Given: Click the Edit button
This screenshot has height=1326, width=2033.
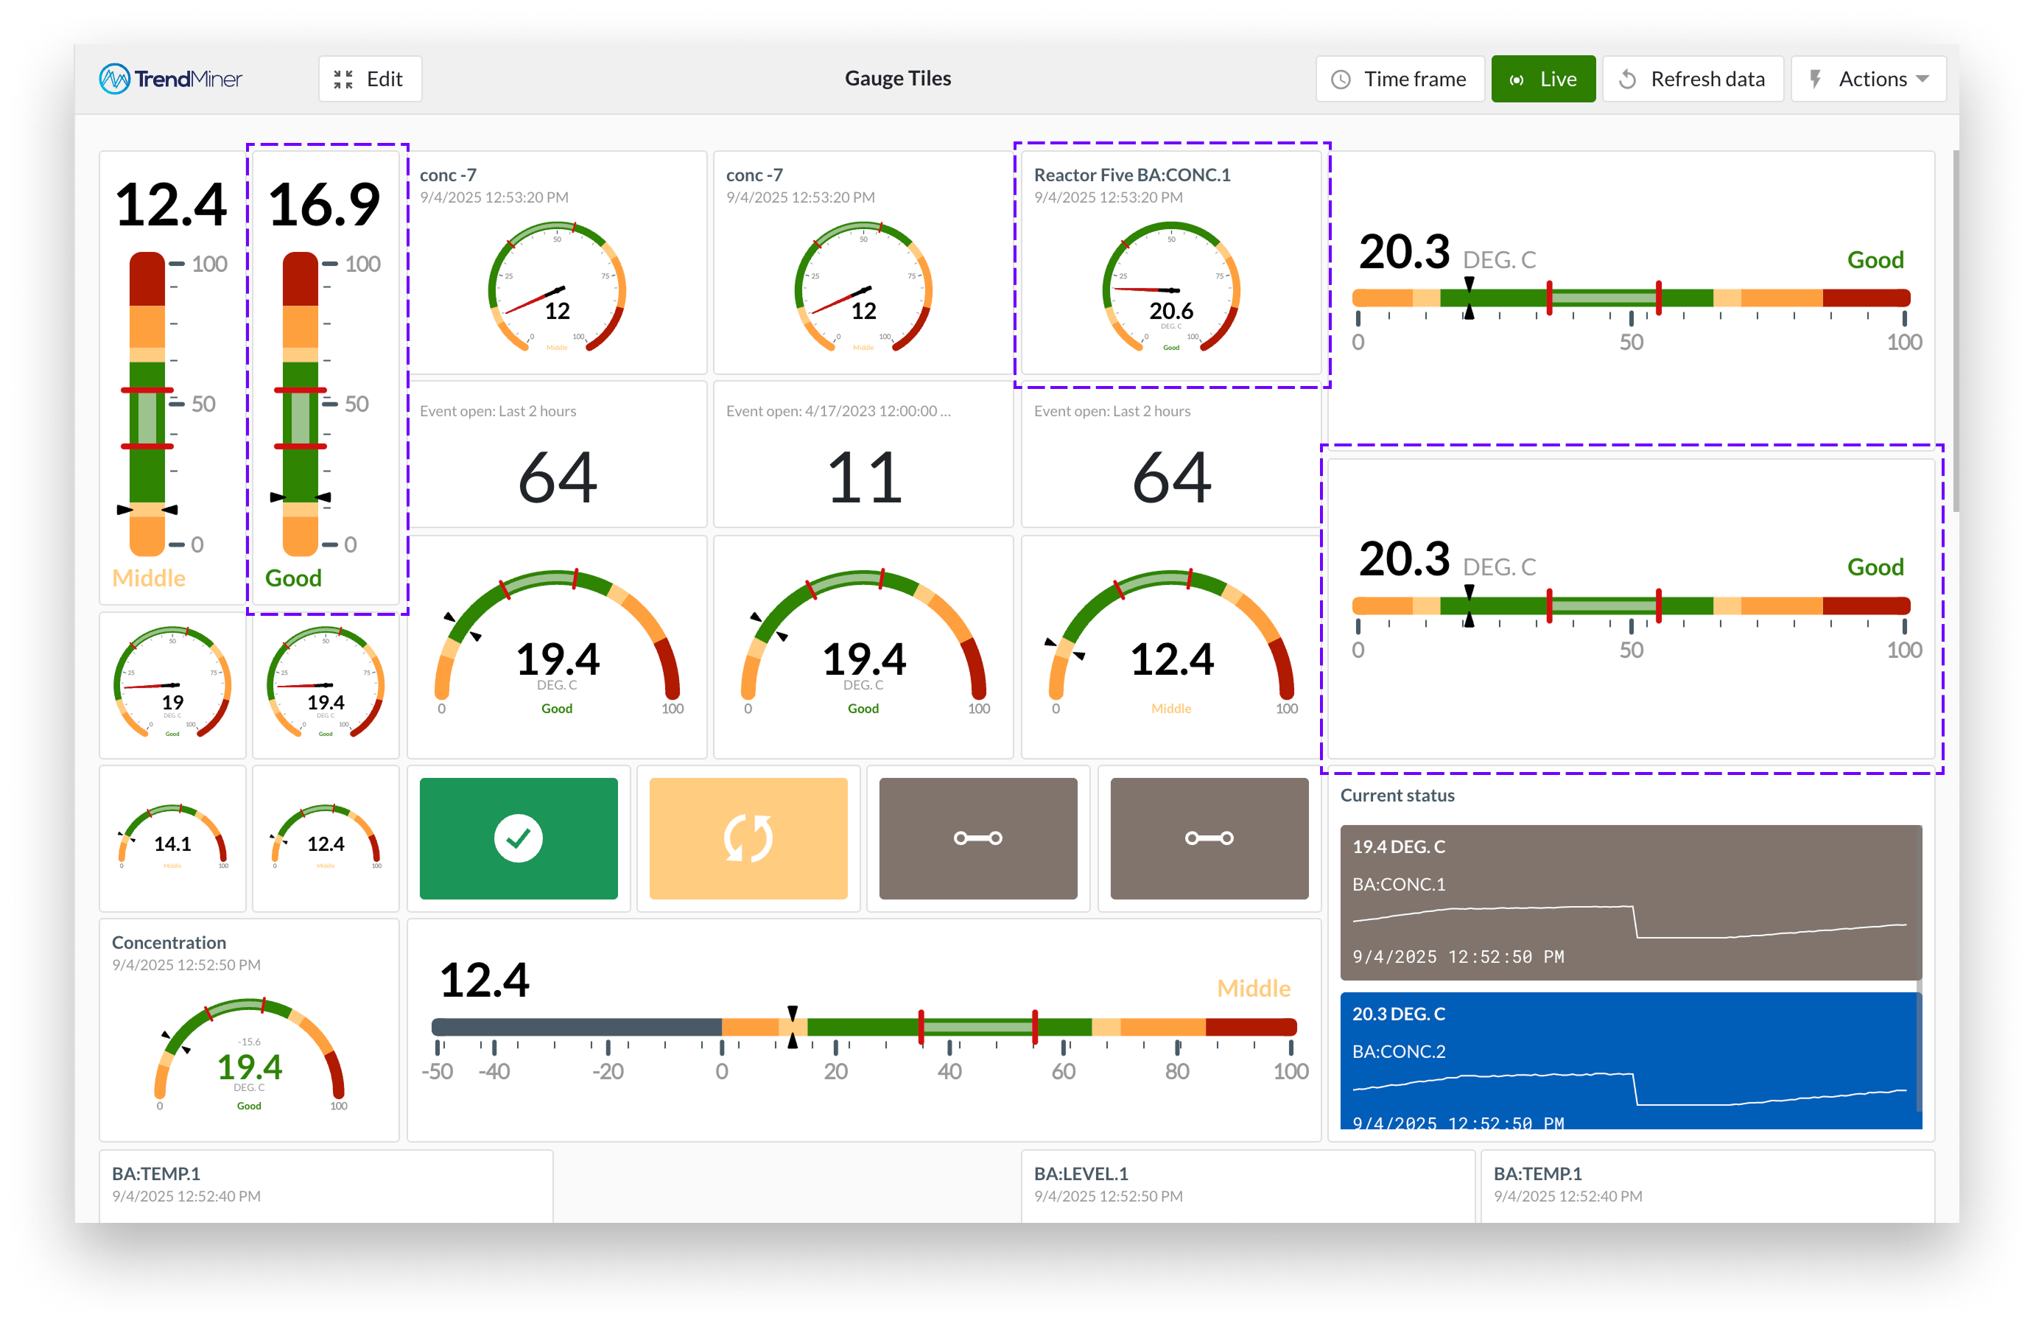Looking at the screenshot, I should coord(370,80).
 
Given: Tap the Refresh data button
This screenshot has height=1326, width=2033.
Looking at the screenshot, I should coord(1692,80).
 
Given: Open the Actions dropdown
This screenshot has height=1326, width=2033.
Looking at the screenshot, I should coord(1868,80).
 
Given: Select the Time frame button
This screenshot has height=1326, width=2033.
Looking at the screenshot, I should coord(1400,80).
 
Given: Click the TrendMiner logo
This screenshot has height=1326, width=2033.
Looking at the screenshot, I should coord(171,80).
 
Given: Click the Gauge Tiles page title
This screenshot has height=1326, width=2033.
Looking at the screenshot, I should coord(898,79).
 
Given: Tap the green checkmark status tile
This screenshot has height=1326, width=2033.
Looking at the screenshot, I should coord(519,838).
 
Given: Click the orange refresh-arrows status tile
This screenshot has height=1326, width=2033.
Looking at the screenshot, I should coord(748,838).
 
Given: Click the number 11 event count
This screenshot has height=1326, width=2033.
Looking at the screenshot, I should coord(863,477).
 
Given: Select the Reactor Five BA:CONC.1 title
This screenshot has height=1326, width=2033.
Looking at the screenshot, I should coord(1132,175).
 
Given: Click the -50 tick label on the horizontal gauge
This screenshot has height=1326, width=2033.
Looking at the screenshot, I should coord(438,1071).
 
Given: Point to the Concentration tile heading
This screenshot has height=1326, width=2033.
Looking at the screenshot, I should coord(169,942).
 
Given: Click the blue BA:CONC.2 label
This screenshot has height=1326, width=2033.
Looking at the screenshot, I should coord(1398,1052).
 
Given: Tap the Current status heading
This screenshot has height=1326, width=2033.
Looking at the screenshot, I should coord(1397,796).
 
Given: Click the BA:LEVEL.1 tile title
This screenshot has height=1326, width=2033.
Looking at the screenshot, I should coord(1081,1174).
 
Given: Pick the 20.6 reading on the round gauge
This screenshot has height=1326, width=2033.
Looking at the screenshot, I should coord(1171,311).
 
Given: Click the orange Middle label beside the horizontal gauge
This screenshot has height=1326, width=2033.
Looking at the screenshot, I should coord(1253,989).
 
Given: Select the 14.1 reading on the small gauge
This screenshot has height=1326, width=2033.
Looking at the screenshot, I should coord(172,844).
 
